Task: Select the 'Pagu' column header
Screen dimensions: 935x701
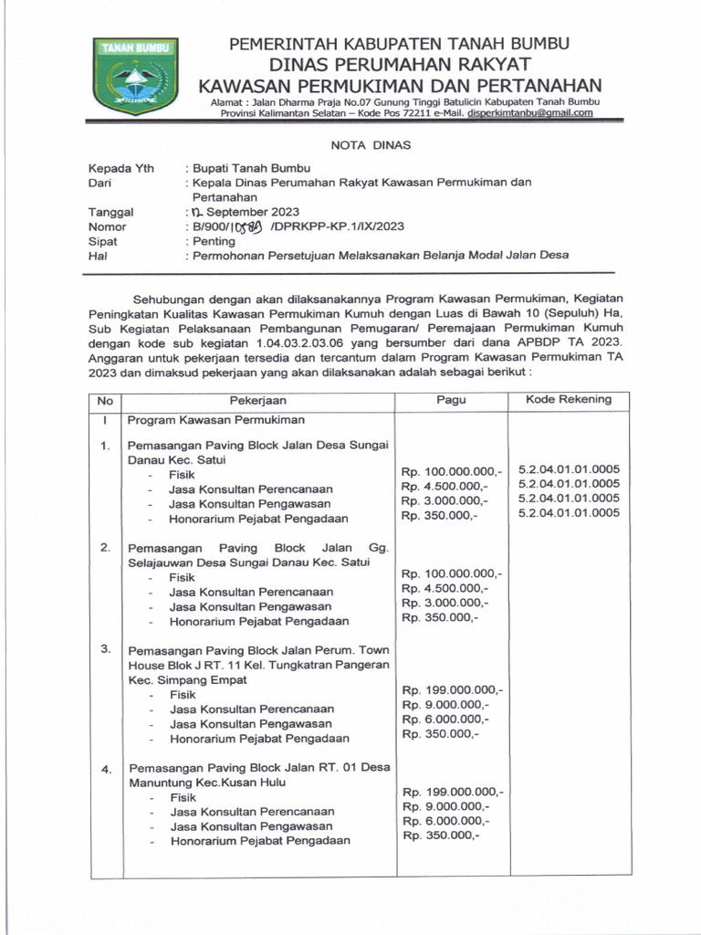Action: pyautogui.click(x=450, y=400)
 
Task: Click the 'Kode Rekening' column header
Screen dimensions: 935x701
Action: pyautogui.click(x=569, y=399)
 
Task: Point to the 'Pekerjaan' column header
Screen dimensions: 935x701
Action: pyautogui.click(x=258, y=400)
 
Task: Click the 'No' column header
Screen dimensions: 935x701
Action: pyautogui.click(x=105, y=400)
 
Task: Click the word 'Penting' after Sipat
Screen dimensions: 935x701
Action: pyautogui.click(x=213, y=241)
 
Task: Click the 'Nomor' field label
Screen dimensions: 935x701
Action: pyautogui.click(x=108, y=226)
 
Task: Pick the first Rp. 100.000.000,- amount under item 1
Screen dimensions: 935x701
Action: pyautogui.click(x=452, y=471)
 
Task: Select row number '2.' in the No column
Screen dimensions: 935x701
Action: pyautogui.click(x=106, y=548)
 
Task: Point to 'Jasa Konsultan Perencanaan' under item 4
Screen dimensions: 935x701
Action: pyautogui.click(x=251, y=811)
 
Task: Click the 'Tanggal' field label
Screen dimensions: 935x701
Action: pyautogui.click(x=110, y=212)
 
